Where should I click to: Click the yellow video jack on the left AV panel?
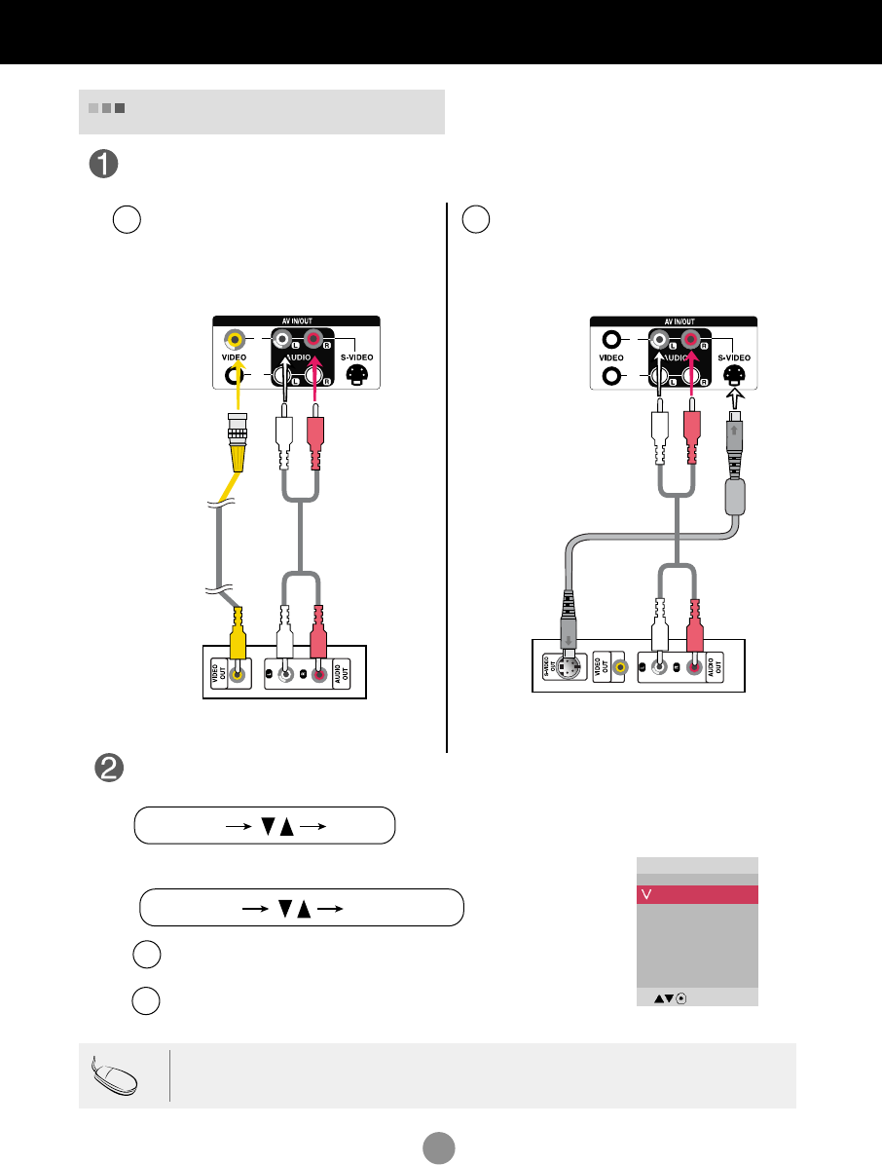pyautogui.click(x=233, y=340)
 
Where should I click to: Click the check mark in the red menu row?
pyautogui.click(x=644, y=895)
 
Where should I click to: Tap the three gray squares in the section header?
pyautogui.click(x=106, y=108)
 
